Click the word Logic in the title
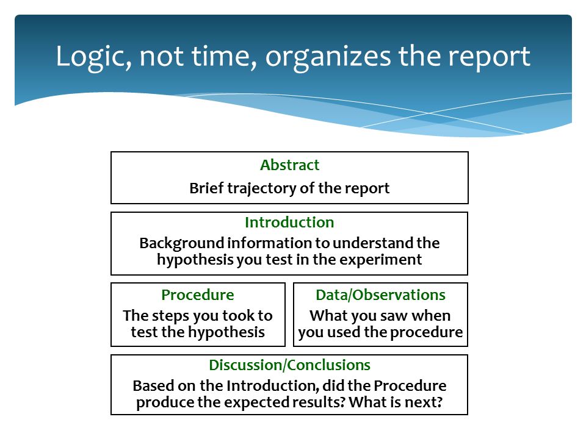click(x=93, y=57)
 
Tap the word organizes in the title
click(x=328, y=57)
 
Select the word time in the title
click(x=223, y=56)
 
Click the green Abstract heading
click(x=289, y=165)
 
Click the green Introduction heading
click(x=289, y=223)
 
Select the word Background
click(x=182, y=244)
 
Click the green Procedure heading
click(x=198, y=295)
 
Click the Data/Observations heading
click(x=380, y=295)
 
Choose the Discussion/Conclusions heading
click(x=289, y=365)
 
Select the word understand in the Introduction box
click(x=374, y=243)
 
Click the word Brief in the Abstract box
click(x=207, y=188)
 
